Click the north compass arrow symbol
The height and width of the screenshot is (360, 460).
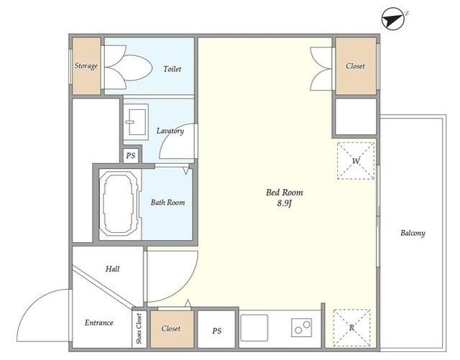393,19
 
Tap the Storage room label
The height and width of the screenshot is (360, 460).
86,66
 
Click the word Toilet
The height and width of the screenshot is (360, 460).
172,69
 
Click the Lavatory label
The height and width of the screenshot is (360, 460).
170,131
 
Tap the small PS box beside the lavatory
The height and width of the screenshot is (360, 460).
131,155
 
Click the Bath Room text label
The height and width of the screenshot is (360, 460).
167,203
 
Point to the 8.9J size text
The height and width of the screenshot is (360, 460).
285,203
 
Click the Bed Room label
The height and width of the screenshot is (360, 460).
285,193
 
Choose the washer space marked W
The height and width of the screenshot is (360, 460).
356,161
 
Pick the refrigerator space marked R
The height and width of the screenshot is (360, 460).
351,328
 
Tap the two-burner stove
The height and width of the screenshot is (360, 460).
302,328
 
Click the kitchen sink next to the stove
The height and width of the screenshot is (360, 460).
254,328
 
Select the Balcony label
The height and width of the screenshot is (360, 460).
413,234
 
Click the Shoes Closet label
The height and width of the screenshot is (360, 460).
139,328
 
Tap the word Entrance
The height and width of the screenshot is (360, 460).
99,323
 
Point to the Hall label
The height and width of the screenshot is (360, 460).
113,269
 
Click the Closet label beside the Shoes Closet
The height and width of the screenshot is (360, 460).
171,328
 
